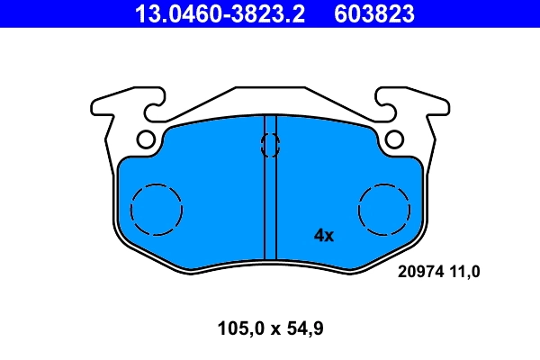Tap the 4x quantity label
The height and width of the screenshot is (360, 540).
323,236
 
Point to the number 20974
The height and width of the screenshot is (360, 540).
419,270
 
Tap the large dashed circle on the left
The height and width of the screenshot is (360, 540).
157,210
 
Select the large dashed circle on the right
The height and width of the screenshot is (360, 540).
383,210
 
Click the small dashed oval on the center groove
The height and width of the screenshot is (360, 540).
270,144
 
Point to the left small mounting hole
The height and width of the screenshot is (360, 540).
146,139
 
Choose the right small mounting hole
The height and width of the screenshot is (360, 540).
394,139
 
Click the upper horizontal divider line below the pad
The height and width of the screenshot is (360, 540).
270,286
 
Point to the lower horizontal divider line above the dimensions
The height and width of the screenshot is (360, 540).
270,307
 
